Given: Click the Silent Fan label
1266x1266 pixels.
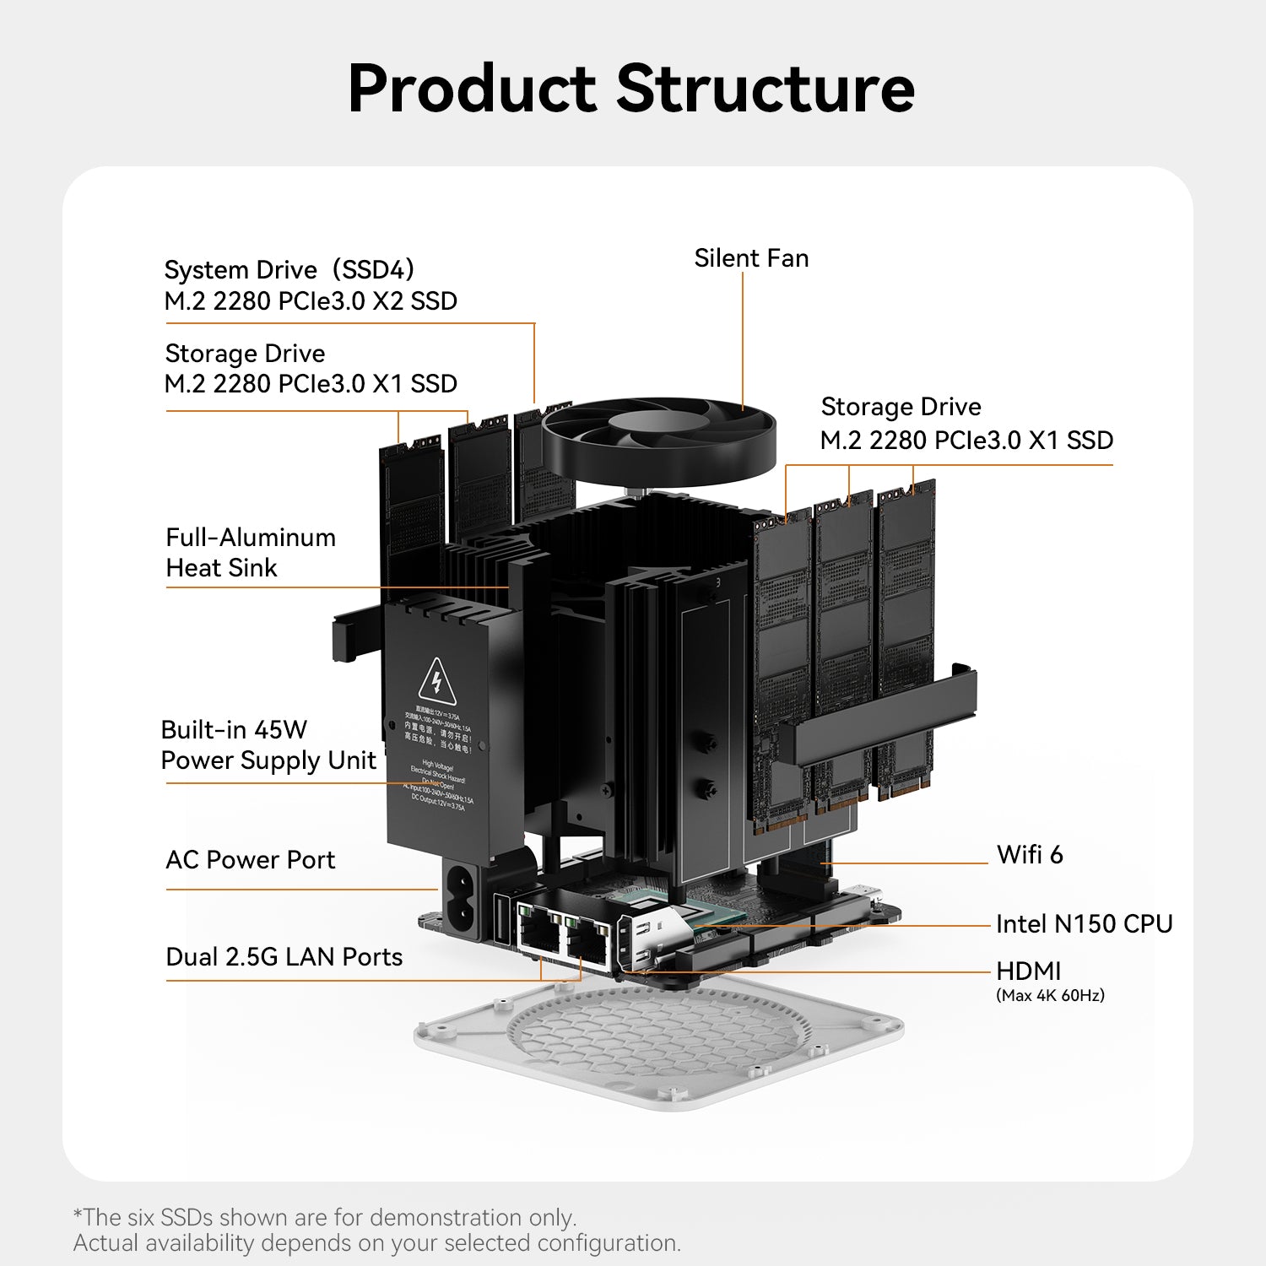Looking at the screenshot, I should [x=751, y=258].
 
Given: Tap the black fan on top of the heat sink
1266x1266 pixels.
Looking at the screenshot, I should [x=658, y=439].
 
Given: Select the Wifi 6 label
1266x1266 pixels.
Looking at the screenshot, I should [x=1030, y=855].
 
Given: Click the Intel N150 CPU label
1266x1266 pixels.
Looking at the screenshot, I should [x=1084, y=924].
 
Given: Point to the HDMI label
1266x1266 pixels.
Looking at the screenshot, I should [x=1028, y=971].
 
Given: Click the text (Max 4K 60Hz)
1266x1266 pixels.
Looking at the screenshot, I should [x=1050, y=996].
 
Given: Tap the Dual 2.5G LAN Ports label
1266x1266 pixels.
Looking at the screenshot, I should [x=284, y=957].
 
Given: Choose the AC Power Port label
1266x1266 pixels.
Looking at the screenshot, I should [x=250, y=860].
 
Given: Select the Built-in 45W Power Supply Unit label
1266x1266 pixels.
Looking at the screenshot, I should [x=268, y=745].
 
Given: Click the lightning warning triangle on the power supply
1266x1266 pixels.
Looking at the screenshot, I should [x=436, y=682].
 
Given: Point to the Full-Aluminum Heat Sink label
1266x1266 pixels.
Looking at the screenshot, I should [x=250, y=553].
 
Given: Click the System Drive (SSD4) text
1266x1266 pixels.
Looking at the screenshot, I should [x=289, y=270].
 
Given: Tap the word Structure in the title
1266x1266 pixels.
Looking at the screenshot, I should [x=766, y=89].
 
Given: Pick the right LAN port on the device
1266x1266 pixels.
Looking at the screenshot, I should [x=588, y=939].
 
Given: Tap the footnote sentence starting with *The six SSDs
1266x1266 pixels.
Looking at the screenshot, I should [x=325, y=1218].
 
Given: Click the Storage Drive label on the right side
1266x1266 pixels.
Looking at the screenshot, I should [x=901, y=407].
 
